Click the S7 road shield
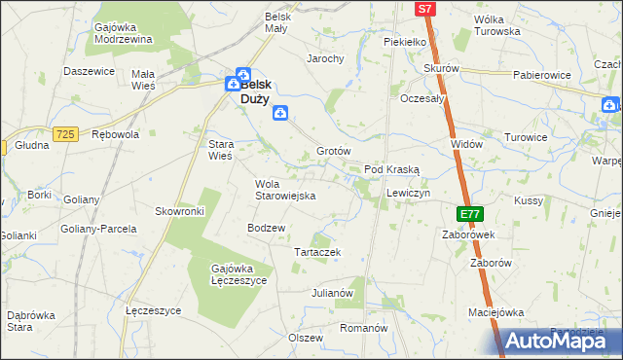click(x=424, y=9)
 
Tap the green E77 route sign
click(x=470, y=213)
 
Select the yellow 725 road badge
click(x=66, y=133)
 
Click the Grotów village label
click(x=333, y=152)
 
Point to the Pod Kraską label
click(x=391, y=169)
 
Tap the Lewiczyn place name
click(x=408, y=194)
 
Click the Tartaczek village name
click(x=316, y=252)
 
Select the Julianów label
click(x=331, y=292)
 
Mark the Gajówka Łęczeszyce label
click(x=238, y=273)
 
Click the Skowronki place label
click(x=179, y=211)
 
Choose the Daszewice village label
click(x=90, y=71)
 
